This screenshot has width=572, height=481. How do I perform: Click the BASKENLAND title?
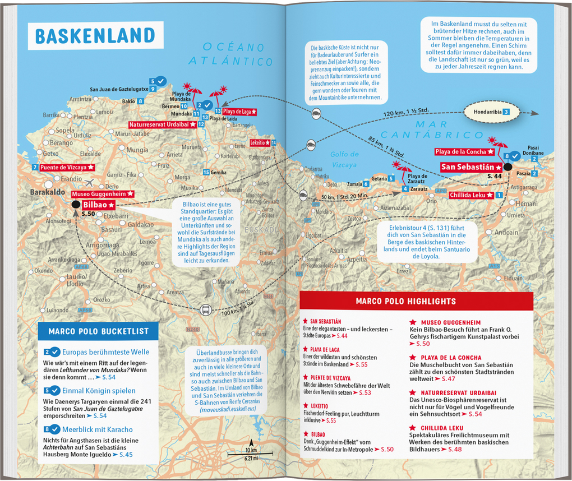[96, 35]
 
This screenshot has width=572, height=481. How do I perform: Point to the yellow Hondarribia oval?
[487, 112]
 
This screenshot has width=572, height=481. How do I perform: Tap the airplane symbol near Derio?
[90, 182]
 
